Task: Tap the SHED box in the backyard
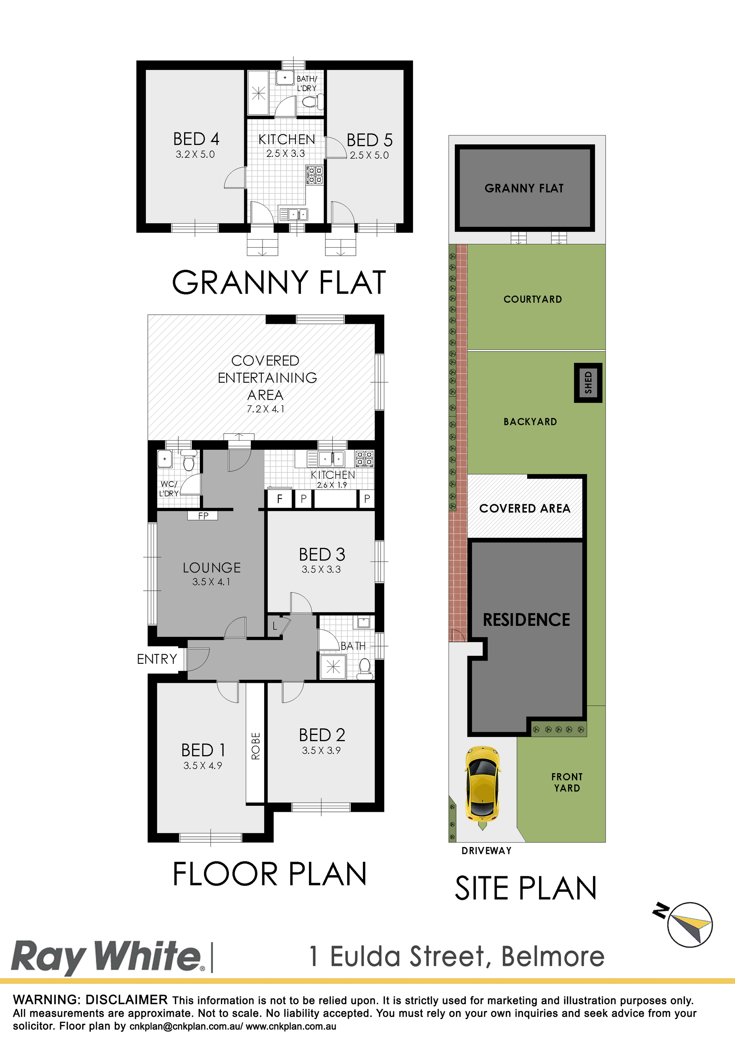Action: click(x=588, y=383)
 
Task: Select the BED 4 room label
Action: click(x=196, y=139)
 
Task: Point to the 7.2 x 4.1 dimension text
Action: click(x=266, y=409)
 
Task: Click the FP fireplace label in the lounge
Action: click(x=203, y=516)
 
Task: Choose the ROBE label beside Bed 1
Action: click(x=256, y=746)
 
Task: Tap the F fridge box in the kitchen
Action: click(x=279, y=499)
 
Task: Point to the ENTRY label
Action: click(x=157, y=659)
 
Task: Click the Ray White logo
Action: click(x=106, y=957)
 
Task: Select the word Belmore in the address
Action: click(x=553, y=957)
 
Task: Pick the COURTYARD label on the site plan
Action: click(x=533, y=299)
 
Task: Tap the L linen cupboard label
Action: click(x=274, y=627)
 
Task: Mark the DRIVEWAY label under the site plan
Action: click(x=487, y=851)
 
